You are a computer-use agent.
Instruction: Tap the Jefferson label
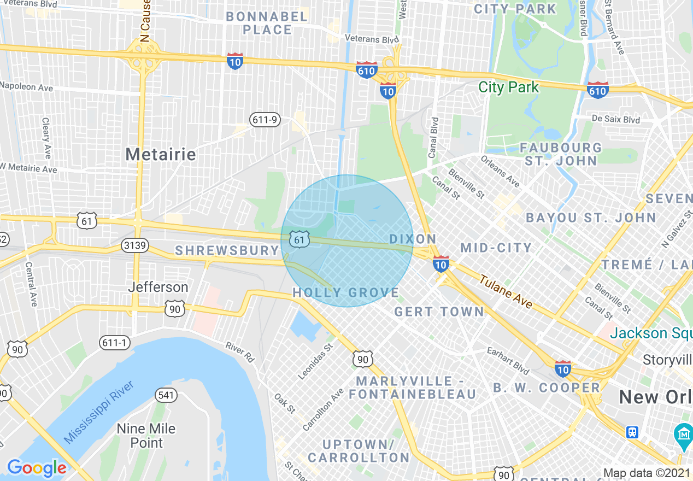(158, 287)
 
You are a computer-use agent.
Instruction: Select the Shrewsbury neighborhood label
(227, 250)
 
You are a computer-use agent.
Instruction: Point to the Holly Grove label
(345, 292)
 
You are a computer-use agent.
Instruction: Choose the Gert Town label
(439, 312)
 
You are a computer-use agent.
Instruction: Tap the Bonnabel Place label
(267, 23)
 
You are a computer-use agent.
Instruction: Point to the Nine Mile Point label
(146, 435)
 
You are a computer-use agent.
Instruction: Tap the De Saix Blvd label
(615, 119)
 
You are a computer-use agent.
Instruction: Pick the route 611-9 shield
(265, 119)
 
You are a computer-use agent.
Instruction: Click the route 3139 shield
(134, 245)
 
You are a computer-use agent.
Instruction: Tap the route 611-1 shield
(115, 343)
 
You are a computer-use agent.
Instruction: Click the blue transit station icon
(632, 432)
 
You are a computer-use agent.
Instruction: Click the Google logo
(37, 467)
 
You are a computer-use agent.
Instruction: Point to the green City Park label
(508, 87)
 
